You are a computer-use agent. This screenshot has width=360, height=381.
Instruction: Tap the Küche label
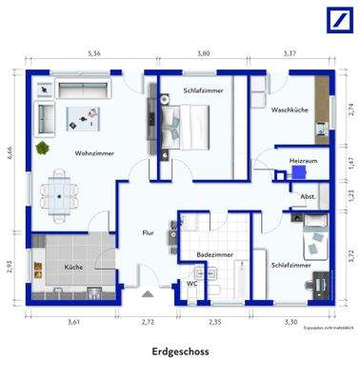pos(73,268)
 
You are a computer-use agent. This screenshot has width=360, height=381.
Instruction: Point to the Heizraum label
pos(302,162)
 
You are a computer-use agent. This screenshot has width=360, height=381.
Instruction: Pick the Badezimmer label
pos(210,256)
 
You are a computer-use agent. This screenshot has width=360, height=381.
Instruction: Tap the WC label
pos(191,283)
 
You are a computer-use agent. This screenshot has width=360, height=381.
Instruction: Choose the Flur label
pos(148,231)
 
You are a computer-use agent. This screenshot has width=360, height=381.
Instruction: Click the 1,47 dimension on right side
pos(350,163)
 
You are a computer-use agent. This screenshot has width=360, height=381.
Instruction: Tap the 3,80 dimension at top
pos(204,54)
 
